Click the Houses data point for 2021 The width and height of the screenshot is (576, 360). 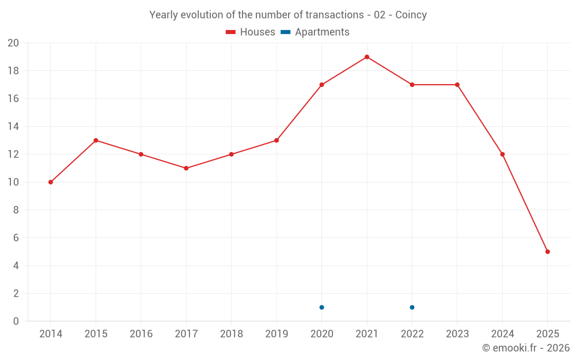[367, 57]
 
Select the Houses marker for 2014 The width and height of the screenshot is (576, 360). [51, 182]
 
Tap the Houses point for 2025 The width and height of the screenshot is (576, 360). [548, 252]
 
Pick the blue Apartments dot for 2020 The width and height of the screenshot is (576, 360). [321, 307]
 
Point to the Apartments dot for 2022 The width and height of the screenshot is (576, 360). [412, 307]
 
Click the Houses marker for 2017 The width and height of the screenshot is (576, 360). [186, 168]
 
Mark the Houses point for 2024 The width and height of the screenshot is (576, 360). [502, 154]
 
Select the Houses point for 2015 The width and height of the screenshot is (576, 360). [96, 141]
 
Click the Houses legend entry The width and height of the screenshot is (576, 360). [250, 32]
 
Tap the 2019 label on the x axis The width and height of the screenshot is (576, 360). [276, 334]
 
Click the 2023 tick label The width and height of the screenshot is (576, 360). [457, 334]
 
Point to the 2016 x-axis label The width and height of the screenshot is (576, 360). [141, 334]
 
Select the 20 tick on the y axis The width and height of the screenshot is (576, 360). [13, 43]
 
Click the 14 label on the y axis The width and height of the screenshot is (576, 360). [13, 127]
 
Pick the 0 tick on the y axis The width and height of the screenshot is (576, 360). [16, 321]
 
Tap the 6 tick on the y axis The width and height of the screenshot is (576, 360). [16, 238]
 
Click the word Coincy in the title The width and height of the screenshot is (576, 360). [411, 15]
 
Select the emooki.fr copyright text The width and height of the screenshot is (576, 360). [526, 348]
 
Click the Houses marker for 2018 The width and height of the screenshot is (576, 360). [231, 154]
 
